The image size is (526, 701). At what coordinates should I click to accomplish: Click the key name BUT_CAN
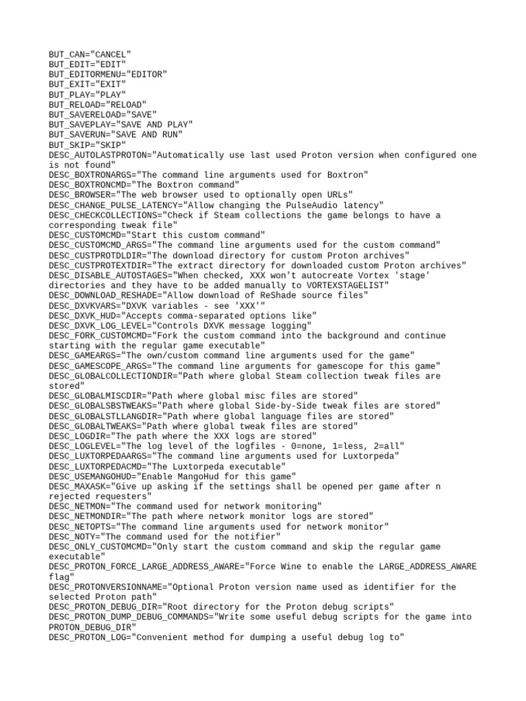point(66,54)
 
